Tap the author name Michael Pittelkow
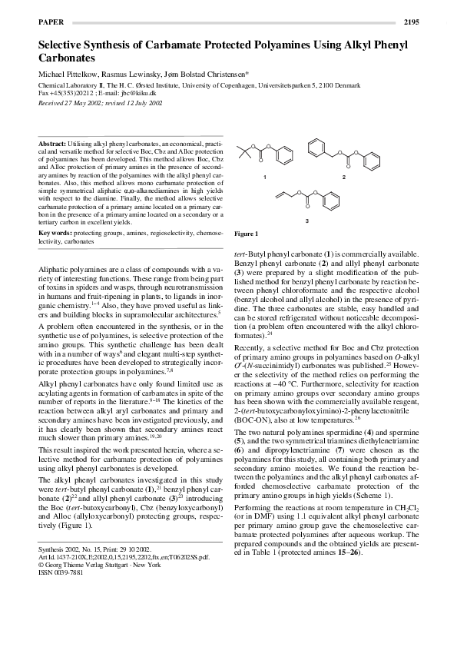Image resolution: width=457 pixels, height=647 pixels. coord(68,74)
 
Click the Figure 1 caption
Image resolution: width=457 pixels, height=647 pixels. coord(246,234)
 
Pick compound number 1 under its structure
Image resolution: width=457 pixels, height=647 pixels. coord(264,178)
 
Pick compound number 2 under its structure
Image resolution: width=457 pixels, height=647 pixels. coord(344,178)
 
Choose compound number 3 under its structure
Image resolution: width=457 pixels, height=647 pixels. coord(307,221)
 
